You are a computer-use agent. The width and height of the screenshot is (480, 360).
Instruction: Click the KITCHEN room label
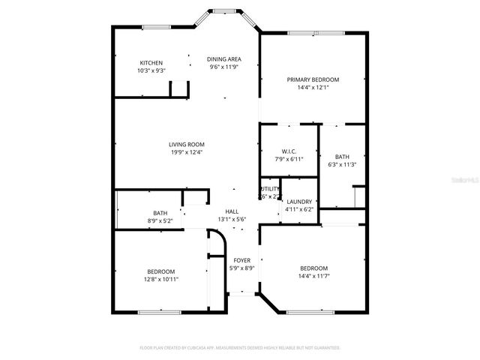coord(151,62)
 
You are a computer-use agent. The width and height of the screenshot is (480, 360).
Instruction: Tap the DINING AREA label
coord(224,58)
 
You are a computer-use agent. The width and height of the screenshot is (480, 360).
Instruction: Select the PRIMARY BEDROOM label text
coord(313,79)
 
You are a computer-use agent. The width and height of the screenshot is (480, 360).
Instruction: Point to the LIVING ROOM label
coord(186,144)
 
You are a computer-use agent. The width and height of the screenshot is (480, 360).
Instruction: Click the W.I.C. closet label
coord(289,151)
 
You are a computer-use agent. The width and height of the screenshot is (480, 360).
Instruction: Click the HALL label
coord(232,212)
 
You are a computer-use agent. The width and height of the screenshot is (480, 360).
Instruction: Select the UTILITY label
coord(270,189)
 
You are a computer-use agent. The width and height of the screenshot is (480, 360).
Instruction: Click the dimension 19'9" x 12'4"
coord(186,152)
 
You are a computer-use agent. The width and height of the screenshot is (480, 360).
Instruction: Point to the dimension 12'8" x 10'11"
coord(160,279)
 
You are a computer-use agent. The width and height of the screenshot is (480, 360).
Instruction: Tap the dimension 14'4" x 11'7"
coord(313,276)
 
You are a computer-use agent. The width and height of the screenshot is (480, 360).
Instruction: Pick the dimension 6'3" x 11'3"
coord(342,164)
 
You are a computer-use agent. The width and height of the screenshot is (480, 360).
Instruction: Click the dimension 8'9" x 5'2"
coord(160,220)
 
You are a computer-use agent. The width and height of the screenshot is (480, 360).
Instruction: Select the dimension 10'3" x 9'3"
coord(151,70)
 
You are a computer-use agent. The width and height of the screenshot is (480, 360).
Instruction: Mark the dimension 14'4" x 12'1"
coord(313,87)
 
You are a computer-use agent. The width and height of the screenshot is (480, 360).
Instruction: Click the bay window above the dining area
coord(222,11)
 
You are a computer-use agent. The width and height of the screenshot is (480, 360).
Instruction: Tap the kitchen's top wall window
coord(153,28)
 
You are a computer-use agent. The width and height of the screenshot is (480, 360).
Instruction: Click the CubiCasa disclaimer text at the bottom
coord(240,348)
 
